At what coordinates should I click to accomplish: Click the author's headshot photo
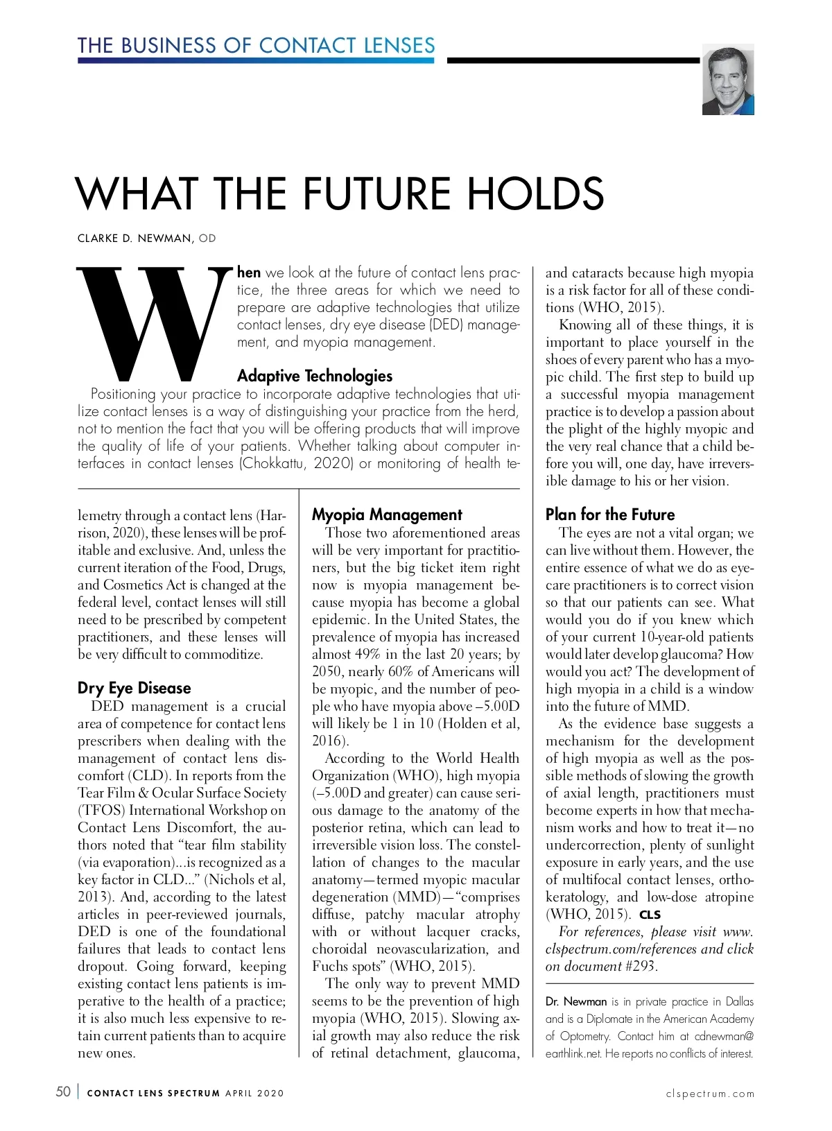[727, 80]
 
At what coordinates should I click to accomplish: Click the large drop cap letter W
[155, 323]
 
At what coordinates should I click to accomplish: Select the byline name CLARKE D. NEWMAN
[135, 239]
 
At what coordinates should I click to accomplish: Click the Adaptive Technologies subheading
[315, 376]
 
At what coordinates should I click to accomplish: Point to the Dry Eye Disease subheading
[134, 688]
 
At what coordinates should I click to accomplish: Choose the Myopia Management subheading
[386, 515]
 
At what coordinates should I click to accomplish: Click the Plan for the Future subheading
[609, 515]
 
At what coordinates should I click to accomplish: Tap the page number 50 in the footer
[63, 1091]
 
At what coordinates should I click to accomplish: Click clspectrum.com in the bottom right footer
[710, 1094]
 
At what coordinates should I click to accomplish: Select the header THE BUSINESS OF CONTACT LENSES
[256, 46]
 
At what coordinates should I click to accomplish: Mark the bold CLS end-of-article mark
[650, 915]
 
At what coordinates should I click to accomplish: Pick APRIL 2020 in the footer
[254, 1094]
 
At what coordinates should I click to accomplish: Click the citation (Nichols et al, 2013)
[250, 879]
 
